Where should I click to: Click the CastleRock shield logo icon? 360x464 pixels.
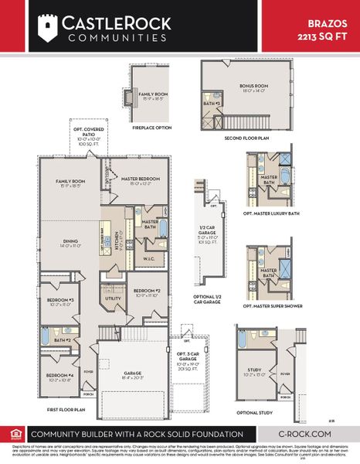point(48,29)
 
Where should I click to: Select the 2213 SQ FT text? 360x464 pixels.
point(328,36)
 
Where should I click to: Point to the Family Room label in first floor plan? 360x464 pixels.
point(70,184)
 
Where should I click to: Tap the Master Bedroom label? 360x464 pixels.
point(139,180)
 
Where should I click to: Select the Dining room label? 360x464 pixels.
point(70,242)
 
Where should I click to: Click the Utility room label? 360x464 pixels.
point(113,297)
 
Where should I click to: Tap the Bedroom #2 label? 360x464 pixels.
point(145,292)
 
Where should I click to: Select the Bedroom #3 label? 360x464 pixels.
point(59,302)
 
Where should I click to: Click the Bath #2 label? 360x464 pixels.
point(63,339)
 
